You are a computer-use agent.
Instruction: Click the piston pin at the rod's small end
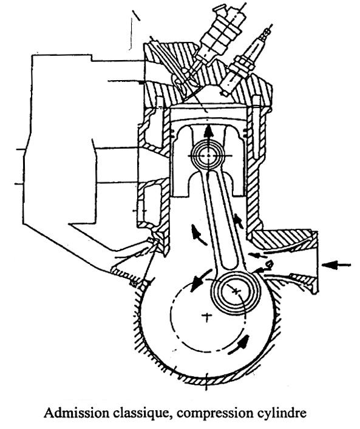pos(209,155)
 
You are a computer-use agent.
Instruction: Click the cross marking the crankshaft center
pos(207,317)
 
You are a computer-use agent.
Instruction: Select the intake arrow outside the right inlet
pos(336,265)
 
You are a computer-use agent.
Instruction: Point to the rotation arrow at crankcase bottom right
pos(239,345)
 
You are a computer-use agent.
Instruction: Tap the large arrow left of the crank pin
pos(200,280)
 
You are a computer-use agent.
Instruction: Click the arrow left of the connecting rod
pos(198,235)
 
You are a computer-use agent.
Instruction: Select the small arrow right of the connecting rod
pos(239,220)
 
